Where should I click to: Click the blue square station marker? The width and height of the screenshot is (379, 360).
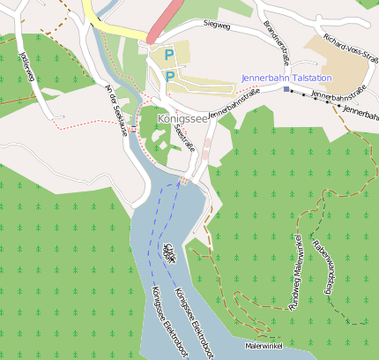pyautogui.click(x=286, y=89)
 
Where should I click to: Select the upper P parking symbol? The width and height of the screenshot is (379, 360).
pyautogui.click(x=168, y=55)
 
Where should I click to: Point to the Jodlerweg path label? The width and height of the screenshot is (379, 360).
pyautogui.click(x=26, y=66)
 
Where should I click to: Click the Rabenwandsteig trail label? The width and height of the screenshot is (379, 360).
pyautogui.click(x=323, y=265)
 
